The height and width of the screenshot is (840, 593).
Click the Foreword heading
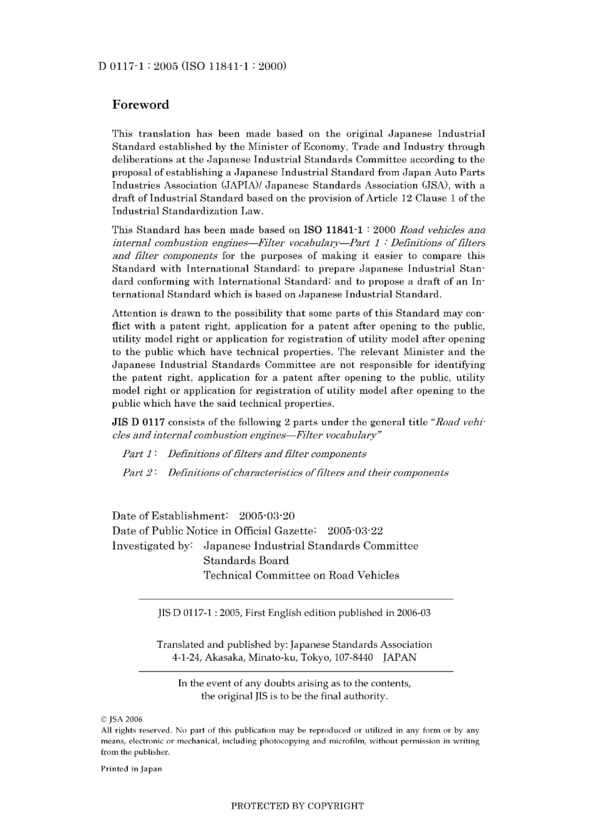tap(140, 105)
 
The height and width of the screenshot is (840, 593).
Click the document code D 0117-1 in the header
tap(123, 66)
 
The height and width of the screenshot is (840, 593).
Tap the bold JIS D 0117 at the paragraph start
tap(138, 422)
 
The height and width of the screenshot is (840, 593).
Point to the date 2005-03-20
tap(267, 516)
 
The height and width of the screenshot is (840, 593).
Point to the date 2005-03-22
tap(355, 531)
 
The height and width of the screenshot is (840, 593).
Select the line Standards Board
tap(246, 561)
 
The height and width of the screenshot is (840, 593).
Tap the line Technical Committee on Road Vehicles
tap(301, 576)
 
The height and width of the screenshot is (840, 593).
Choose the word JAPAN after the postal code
tap(399, 658)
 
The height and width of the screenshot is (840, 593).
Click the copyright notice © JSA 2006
tap(122, 719)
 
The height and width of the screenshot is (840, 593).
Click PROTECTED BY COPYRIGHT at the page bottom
tap(297, 806)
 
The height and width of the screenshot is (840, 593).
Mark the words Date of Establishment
tap(169, 516)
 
